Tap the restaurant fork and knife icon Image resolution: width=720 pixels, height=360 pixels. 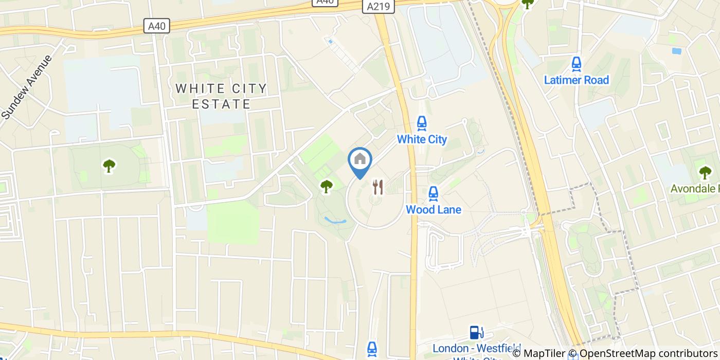tap(378, 187)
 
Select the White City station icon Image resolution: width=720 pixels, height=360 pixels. tap(422, 123)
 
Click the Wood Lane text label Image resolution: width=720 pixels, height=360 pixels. tap(434, 209)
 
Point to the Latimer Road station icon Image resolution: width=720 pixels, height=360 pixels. tap(576, 64)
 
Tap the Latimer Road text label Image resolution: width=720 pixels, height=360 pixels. tap(576, 80)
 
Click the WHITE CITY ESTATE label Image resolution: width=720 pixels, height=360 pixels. tap(221, 96)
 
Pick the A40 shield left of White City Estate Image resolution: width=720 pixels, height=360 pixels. tap(157, 26)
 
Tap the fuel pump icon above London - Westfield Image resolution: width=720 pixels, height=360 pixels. tap(476, 332)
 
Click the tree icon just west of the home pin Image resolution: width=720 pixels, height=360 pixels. tap(327, 186)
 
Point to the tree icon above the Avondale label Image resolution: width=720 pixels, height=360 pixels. tap(705, 172)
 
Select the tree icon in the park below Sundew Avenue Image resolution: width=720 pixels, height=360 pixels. tap(109, 166)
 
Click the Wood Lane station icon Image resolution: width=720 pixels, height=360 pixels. tap(434, 193)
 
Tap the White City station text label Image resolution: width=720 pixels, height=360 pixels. tap(422, 139)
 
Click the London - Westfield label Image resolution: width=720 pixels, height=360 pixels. tap(476, 348)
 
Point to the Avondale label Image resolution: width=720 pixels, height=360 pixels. tap(695, 189)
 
